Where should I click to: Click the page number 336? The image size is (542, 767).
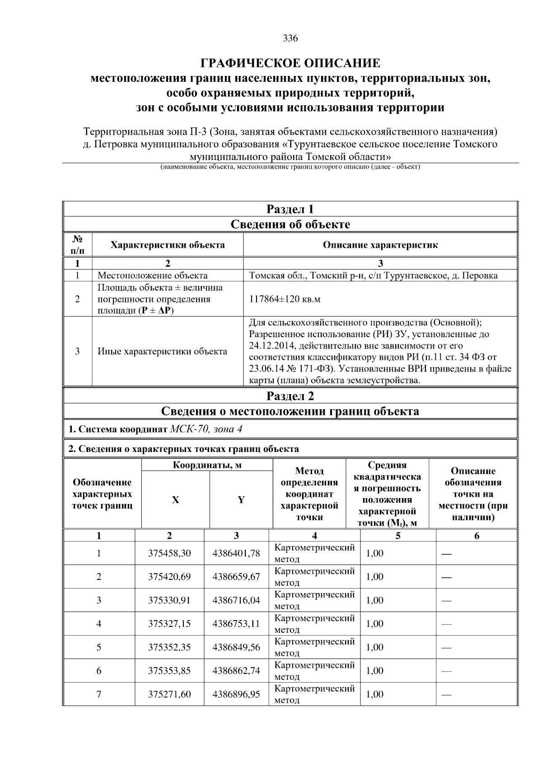[290, 38]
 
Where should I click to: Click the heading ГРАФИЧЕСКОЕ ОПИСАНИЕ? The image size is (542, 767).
[290, 62]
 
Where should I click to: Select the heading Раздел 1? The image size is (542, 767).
[290, 209]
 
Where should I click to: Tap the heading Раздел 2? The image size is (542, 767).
[290, 396]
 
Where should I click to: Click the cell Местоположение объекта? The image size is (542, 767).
[153, 276]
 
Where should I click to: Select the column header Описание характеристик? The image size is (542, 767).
[380, 245]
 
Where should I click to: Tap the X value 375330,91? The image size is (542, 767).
[169, 600]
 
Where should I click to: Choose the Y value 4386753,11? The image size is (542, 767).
[236, 624]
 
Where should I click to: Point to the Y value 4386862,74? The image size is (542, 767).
[236, 671]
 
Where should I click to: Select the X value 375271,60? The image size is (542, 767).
[169, 694]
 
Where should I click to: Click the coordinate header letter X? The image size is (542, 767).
[175, 500]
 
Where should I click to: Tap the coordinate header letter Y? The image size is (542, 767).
[241, 500]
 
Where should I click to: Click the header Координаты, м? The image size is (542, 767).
[207, 465]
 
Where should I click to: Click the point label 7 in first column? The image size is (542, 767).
[99, 694]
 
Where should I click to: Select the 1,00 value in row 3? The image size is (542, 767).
[374, 600]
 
